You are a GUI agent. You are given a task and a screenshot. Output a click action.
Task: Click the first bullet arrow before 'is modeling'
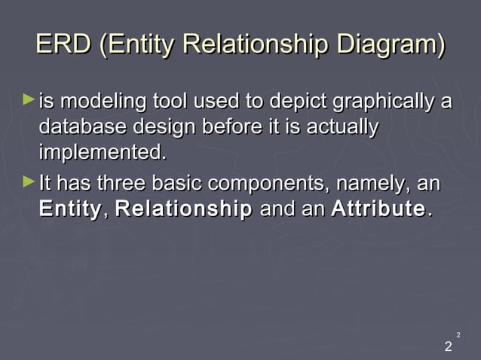(29, 99)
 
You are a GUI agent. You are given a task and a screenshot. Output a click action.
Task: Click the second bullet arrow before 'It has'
(29, 182)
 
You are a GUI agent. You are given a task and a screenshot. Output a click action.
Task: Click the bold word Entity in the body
(69, 209)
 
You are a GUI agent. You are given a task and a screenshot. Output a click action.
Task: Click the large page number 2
(449, 347)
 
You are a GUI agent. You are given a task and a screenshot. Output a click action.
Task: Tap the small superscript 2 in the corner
(458, 334)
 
